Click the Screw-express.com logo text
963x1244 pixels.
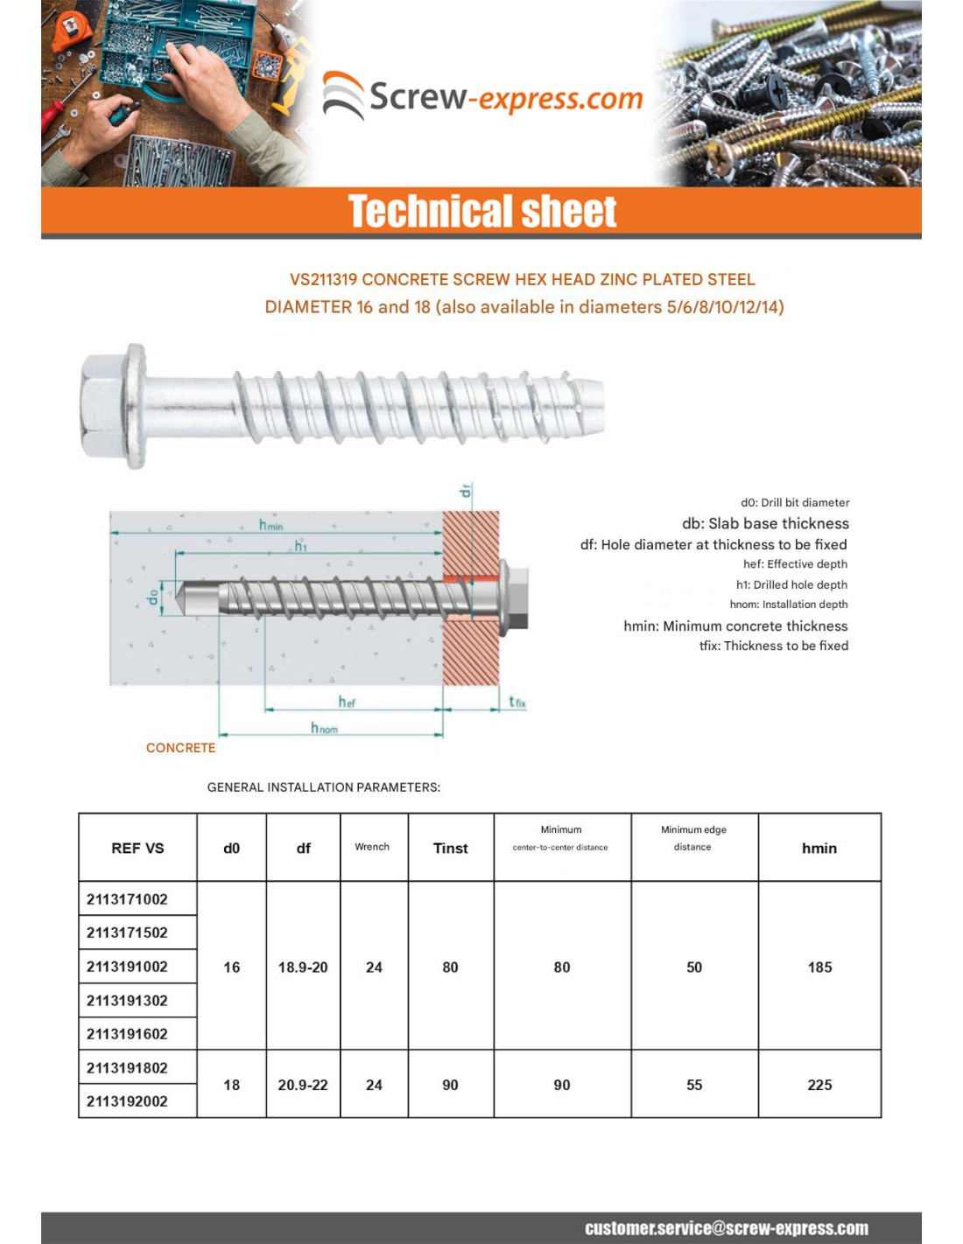click(x=505, y=97)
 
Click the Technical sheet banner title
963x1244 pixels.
click(x=482, y=212)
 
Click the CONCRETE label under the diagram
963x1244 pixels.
click(x=180, y=748)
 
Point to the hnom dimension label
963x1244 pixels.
click(x=323, y=728)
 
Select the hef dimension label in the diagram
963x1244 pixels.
click(x=347, y=702)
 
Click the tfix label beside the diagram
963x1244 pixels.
click(x=517, y=702)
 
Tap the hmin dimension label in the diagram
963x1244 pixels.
click(x=271, y=525)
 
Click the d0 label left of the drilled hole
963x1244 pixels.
click(x=154, y=597)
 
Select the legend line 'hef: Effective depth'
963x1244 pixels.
click(x=795, y=564)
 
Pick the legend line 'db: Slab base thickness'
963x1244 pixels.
click(x=765, y=523)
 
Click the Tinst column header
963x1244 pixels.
click(x=450, y=848)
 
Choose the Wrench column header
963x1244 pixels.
click(x=372, y=847)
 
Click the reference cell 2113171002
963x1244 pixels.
click(x=127, y=899)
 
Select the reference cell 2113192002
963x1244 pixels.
click(x=127, y=1101)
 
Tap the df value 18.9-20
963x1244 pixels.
click(x=303, y=967)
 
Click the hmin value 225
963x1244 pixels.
click(x=819, y=1085)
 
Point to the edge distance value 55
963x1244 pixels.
click(x=694, y=1085)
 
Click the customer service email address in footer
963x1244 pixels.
click(x=727, y=1228)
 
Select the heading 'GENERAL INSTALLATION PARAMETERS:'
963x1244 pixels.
click(x=324, y=787)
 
